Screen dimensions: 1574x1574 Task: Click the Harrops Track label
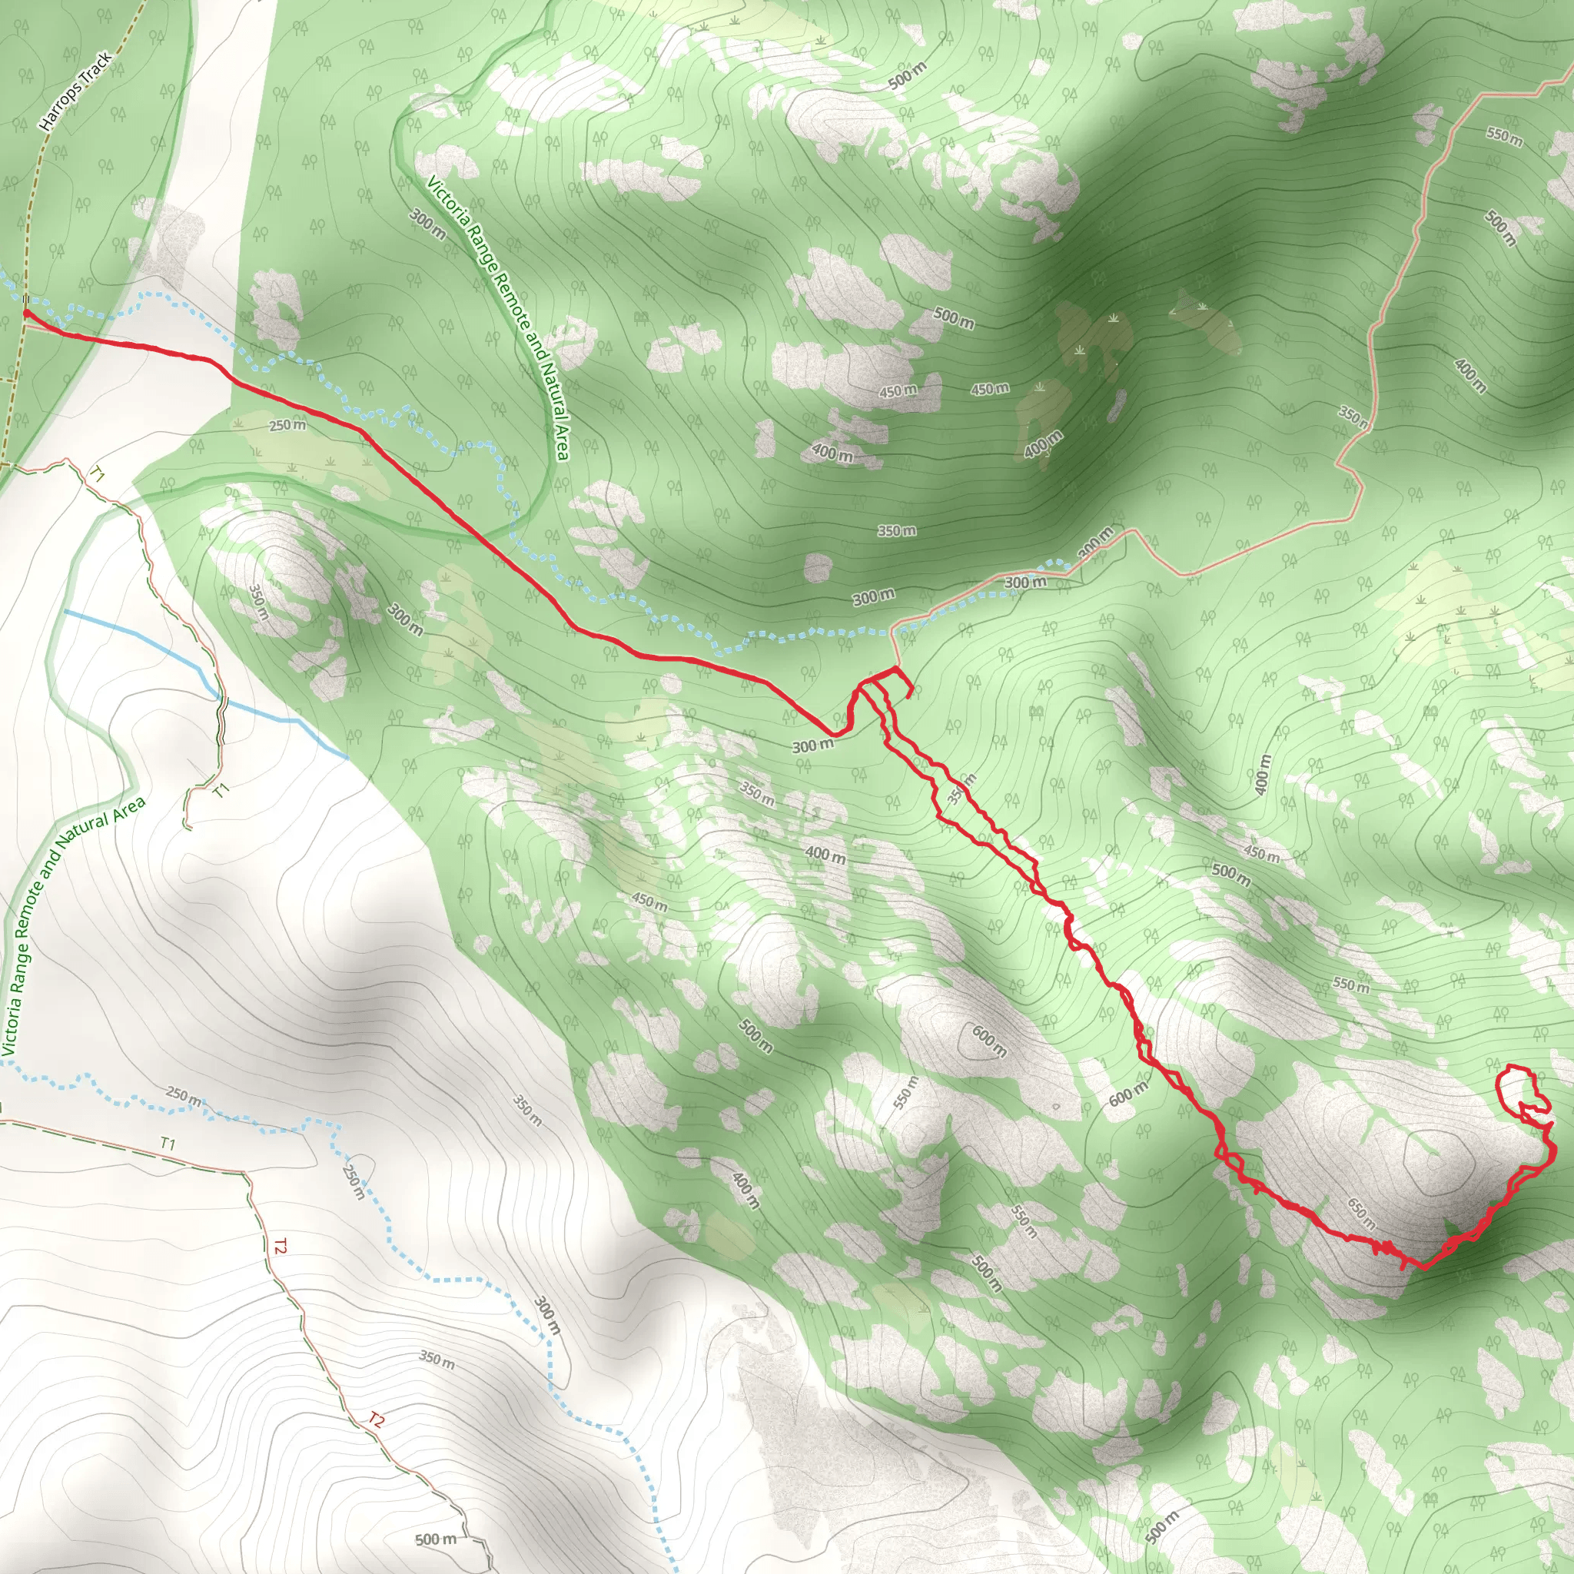point(75,91)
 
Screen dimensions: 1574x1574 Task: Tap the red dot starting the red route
point(26,312)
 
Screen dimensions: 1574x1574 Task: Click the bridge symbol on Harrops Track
point(25,300)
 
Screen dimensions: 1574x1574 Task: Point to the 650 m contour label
point(1361,1213)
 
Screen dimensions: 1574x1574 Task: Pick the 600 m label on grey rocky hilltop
point(989,1041)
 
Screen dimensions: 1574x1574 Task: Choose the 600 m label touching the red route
point(1128,1094)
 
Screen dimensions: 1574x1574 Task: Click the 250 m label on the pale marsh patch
point(287,424)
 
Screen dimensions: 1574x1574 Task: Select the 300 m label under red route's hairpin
point(813,745)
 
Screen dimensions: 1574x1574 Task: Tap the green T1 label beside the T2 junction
point(168,1144)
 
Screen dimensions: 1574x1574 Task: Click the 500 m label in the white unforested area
point(435,1539)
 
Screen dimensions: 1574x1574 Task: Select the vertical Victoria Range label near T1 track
point(71,928)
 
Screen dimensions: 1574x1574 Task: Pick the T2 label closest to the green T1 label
point(281,1246)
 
